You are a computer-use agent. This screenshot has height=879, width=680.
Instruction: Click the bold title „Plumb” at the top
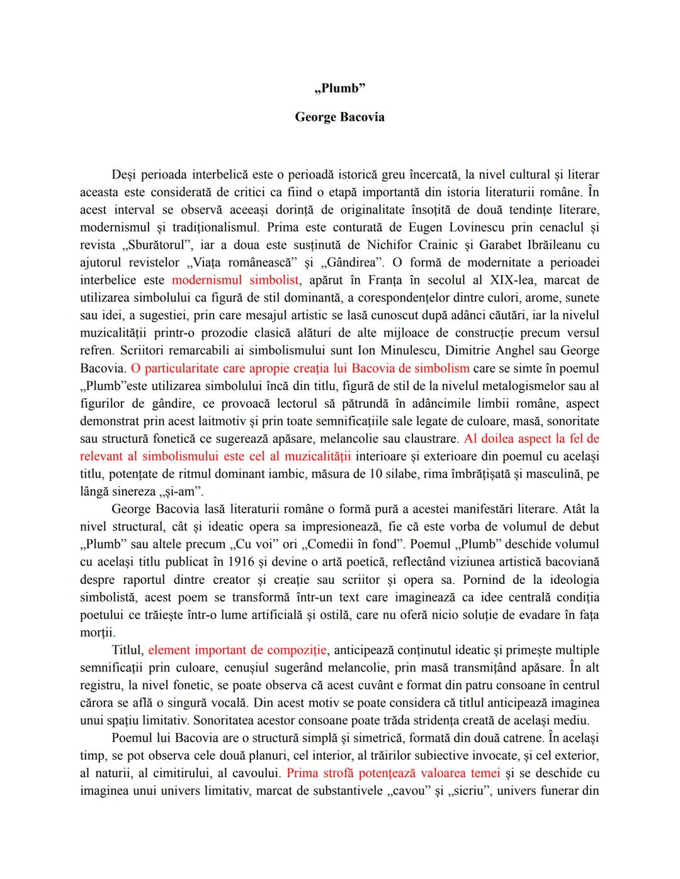pyautogui.click(x=340, y=89)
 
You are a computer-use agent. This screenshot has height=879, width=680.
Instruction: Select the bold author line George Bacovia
pyautogui.click(x=340, y=117)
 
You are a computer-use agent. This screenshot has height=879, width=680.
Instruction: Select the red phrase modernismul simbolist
pyautogui.click(x=235, y=280)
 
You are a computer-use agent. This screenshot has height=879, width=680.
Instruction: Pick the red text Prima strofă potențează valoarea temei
pyautogui.click(x=394, y=773)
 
